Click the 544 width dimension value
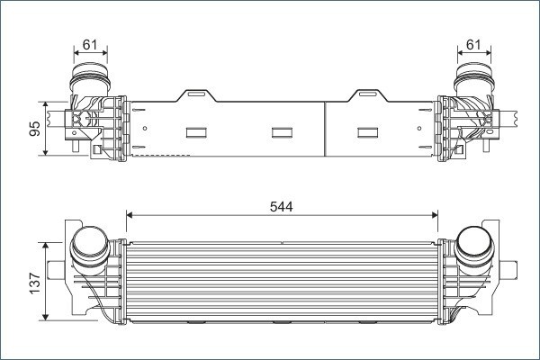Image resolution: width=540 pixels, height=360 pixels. click(x=281, y=206)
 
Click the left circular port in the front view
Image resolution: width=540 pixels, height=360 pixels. click(x=89, y=245)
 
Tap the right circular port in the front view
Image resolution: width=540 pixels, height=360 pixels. click(x=473, y=244)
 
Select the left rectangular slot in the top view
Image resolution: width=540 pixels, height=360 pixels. click(x=197, y=132)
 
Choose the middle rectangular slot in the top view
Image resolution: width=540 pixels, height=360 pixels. click(x=282, y=132)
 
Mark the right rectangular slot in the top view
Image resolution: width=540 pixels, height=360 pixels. click(x=368, y=132)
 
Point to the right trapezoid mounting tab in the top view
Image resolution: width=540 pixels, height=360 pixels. click(x=368, y=94)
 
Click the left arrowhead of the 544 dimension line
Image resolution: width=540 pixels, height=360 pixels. click(x=130, y=215)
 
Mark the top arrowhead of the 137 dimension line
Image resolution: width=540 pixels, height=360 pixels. click(x=46, y=244)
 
